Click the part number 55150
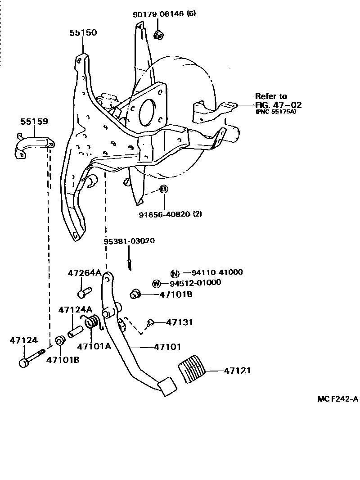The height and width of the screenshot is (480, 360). [83, 33]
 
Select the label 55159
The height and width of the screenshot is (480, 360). [34, 122]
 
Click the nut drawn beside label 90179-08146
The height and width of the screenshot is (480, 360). [158, 35]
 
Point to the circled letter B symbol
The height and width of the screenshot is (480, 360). [164, 190]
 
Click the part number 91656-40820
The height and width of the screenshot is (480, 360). [164, 214]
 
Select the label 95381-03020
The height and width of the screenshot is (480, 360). [129, 241]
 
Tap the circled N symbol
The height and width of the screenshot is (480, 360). [175, 273]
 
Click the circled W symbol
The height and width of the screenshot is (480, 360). [156, 284]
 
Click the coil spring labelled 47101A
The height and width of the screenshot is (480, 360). [92, 322]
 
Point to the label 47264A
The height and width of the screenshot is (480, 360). [84, 273]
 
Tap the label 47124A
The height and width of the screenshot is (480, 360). [75, 310]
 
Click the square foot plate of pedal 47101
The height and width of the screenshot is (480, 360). [167, 386]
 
